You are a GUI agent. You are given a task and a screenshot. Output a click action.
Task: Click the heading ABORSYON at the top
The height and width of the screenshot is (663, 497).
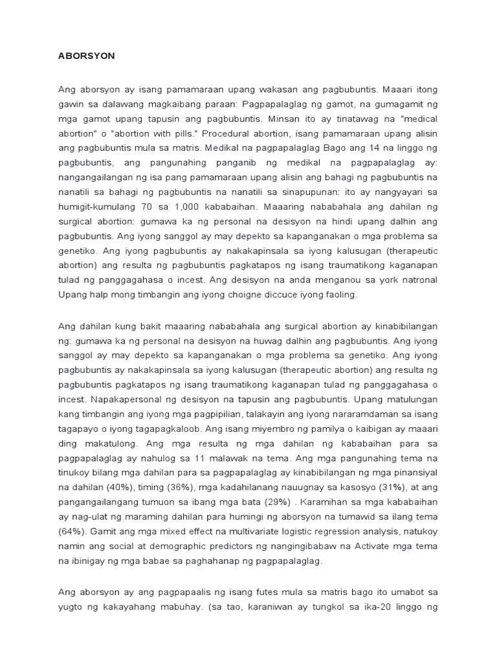(x=87, y=56)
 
